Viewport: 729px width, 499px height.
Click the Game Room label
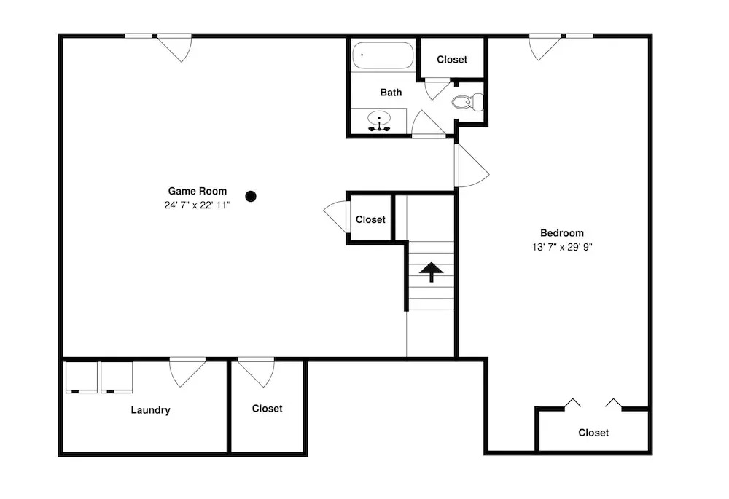click(x=197, y=191)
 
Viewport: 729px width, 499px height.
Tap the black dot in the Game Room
click(x=251, y=197)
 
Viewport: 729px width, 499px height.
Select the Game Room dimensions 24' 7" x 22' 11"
click(x=197, y=205)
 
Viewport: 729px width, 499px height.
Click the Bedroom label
click(x=561, y=233)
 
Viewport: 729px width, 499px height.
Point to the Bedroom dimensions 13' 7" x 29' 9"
click(x=562, y=247)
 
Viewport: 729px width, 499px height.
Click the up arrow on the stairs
click(x=431, y=272)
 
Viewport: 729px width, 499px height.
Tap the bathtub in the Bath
click(x=383, y=56)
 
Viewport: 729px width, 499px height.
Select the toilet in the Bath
click(x=467, y=102)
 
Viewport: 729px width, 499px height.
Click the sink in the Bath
click(x=379, y=121)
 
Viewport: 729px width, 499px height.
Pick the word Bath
click(x=391, y=93)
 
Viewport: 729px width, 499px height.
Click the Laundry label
click(x=150, y=410)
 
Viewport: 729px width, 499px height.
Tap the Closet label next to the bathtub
click(x=452, y=60)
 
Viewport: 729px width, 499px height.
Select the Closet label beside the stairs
click(x=370, y=219)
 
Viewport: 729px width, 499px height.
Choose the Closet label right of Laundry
click(x=268, y=409)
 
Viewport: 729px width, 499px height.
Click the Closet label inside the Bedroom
click(x=593, y=433)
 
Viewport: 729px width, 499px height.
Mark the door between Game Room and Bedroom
click(x=472, y=166)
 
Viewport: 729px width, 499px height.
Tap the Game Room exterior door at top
click(x=174, y=47)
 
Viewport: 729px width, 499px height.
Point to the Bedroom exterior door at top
click(x=545, y=47)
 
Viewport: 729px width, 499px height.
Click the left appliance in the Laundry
click(x=82, y=377)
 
